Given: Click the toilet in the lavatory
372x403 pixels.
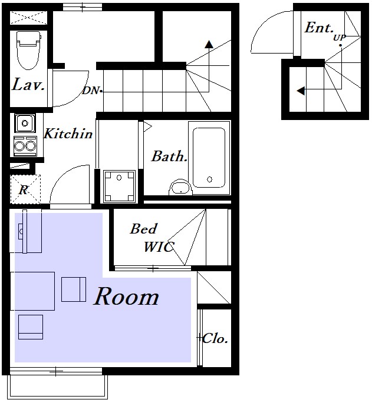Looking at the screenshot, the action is [x=28, y=50].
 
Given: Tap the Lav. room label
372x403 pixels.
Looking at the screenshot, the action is [x=28, y=85].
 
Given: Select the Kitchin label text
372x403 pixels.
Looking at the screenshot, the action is [x=68, y=134].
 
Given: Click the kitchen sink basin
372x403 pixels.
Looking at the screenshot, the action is [x=25, y=124].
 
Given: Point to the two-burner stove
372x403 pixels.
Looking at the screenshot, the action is [x=25, y=146].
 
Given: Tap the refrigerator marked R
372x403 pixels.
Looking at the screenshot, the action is [x=25, y=189].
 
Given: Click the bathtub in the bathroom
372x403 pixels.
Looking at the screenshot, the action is [x=209, y=158].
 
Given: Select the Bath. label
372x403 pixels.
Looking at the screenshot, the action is [x=169, y=156].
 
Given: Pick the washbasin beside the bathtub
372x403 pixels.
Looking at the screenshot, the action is [x=181, y=187].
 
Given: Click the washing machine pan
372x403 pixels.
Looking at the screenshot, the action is [x=119, y=186].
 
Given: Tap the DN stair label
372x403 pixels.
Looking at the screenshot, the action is [x=91, y=91].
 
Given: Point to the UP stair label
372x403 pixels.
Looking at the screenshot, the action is [x=340, y=38].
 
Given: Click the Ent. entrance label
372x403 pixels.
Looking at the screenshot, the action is [x=319, y=28].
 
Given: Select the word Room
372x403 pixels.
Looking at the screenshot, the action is [x=126, y=297].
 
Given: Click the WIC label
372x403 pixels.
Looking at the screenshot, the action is [x=159, y=247].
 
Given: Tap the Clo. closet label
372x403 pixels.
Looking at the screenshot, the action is [x=215, y=338].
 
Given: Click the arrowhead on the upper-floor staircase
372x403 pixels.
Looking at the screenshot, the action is [x=209, y=44].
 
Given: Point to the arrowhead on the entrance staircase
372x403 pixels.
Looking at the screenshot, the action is [x=301, y=91].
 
